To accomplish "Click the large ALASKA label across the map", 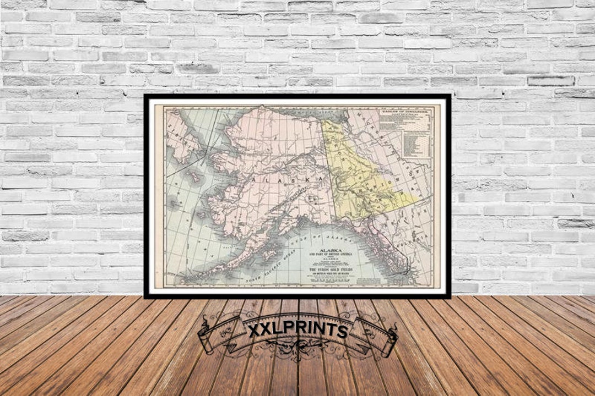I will point(286,180).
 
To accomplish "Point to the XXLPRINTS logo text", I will point(297,331).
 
